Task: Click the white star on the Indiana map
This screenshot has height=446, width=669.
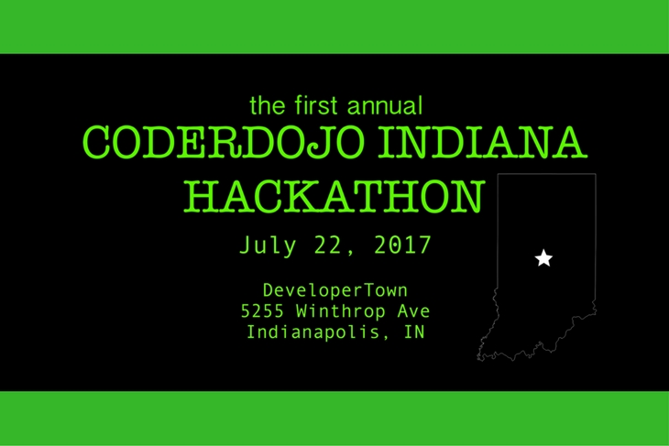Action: click(543, 258)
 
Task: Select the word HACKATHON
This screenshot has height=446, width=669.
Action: click(334, 196)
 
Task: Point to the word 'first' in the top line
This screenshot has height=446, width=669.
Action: click(316, 105)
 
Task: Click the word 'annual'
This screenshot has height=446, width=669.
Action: click(385, 105)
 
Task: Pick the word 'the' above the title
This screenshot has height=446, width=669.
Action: click(267, 105)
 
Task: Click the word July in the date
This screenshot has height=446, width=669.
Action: click(268, 245)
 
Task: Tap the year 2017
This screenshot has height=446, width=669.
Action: click(402, 245)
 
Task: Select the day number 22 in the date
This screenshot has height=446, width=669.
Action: click(328, 245)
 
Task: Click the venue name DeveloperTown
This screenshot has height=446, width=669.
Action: click(335, 291)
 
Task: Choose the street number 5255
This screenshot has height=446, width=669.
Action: click(262, 310)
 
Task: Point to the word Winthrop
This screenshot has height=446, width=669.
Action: click(341, 311)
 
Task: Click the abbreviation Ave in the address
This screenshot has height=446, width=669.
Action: click(413, 310)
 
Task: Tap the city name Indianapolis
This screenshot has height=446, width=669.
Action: click(313, 332)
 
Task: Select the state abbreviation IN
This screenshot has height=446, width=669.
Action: click(414, 332)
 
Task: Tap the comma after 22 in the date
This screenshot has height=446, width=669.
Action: click(350, 253)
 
